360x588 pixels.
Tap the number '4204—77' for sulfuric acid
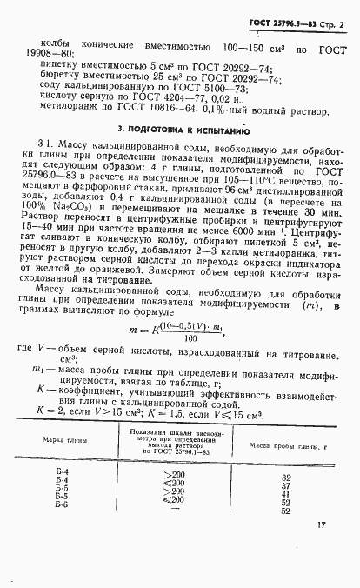click(x=199, y=101)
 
